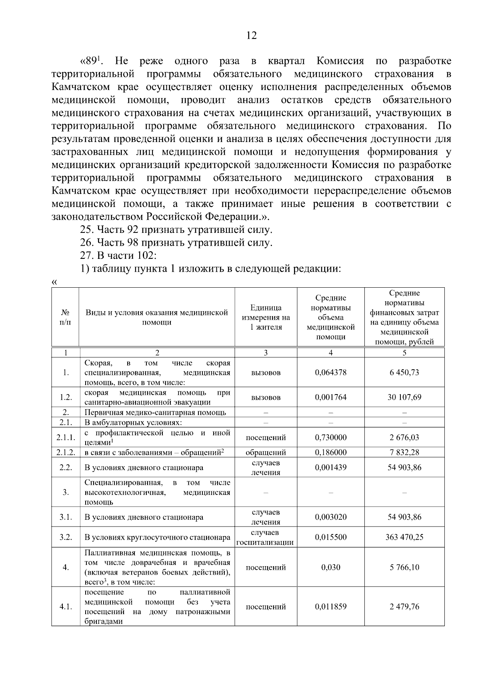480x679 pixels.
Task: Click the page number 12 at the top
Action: pos(251,36)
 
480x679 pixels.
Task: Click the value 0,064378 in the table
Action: pos(330,373)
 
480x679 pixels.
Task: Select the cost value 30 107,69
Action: pos(404,397)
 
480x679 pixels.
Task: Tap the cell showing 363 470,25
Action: pos(404,537)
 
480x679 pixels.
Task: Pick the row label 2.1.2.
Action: pos(66,453)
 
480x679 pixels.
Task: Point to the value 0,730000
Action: pos(330,437)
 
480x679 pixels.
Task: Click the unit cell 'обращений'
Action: pos(266,453)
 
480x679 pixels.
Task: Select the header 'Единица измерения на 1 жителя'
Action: pos(266,317)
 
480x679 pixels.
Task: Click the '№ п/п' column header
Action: pos(65,317)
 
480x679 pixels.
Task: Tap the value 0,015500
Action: pos(330,537)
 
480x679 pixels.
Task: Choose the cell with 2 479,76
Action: pos(404,607)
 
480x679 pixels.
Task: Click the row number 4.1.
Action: pos(66,607)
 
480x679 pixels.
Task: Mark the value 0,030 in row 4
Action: pos(330,567)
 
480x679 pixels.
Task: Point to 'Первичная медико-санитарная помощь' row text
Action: pos(155,413)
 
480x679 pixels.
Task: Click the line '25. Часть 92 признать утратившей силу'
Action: pos(176,230)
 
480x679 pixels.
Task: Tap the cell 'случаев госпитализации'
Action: pos(266,537)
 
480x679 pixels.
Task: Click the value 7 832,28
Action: pos(404,453)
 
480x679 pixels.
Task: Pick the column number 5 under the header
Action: pos(404,353)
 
